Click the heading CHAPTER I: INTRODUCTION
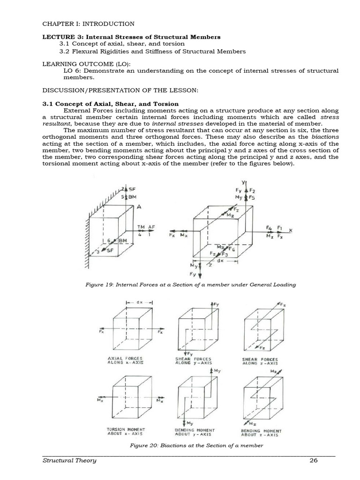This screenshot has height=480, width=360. pos(88,23)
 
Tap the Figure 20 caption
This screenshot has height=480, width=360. pos(196,445)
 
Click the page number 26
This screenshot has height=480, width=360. pos(314,460)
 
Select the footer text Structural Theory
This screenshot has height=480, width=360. pos(69,460)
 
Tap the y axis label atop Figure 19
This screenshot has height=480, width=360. pos(244,181)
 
